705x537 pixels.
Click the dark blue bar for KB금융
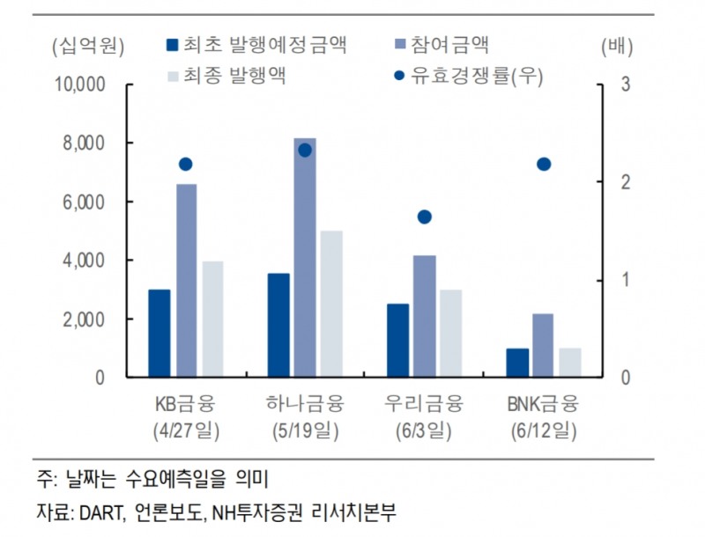pyautogui.click(x=159, y=333)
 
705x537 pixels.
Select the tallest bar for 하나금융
pyautogui.click(x=305, y=257)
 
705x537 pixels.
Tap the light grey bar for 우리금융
pyautogui.click(x=450, y=333)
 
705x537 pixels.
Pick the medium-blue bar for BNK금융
pyautogui.click(x=543, y=345)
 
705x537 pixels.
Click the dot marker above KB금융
pyautogui.click(x=185, y=164)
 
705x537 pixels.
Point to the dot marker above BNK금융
pyautogui.click(x=544, y=164)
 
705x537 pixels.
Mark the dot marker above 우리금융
pyautogui.click(x=424, y=217)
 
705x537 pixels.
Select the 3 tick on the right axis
pyautogui.click(x=626, y=85)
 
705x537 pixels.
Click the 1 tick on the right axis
pyautogui.click(x=626, y=280)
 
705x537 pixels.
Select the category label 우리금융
pyautogui.click(x=424, y=405)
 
